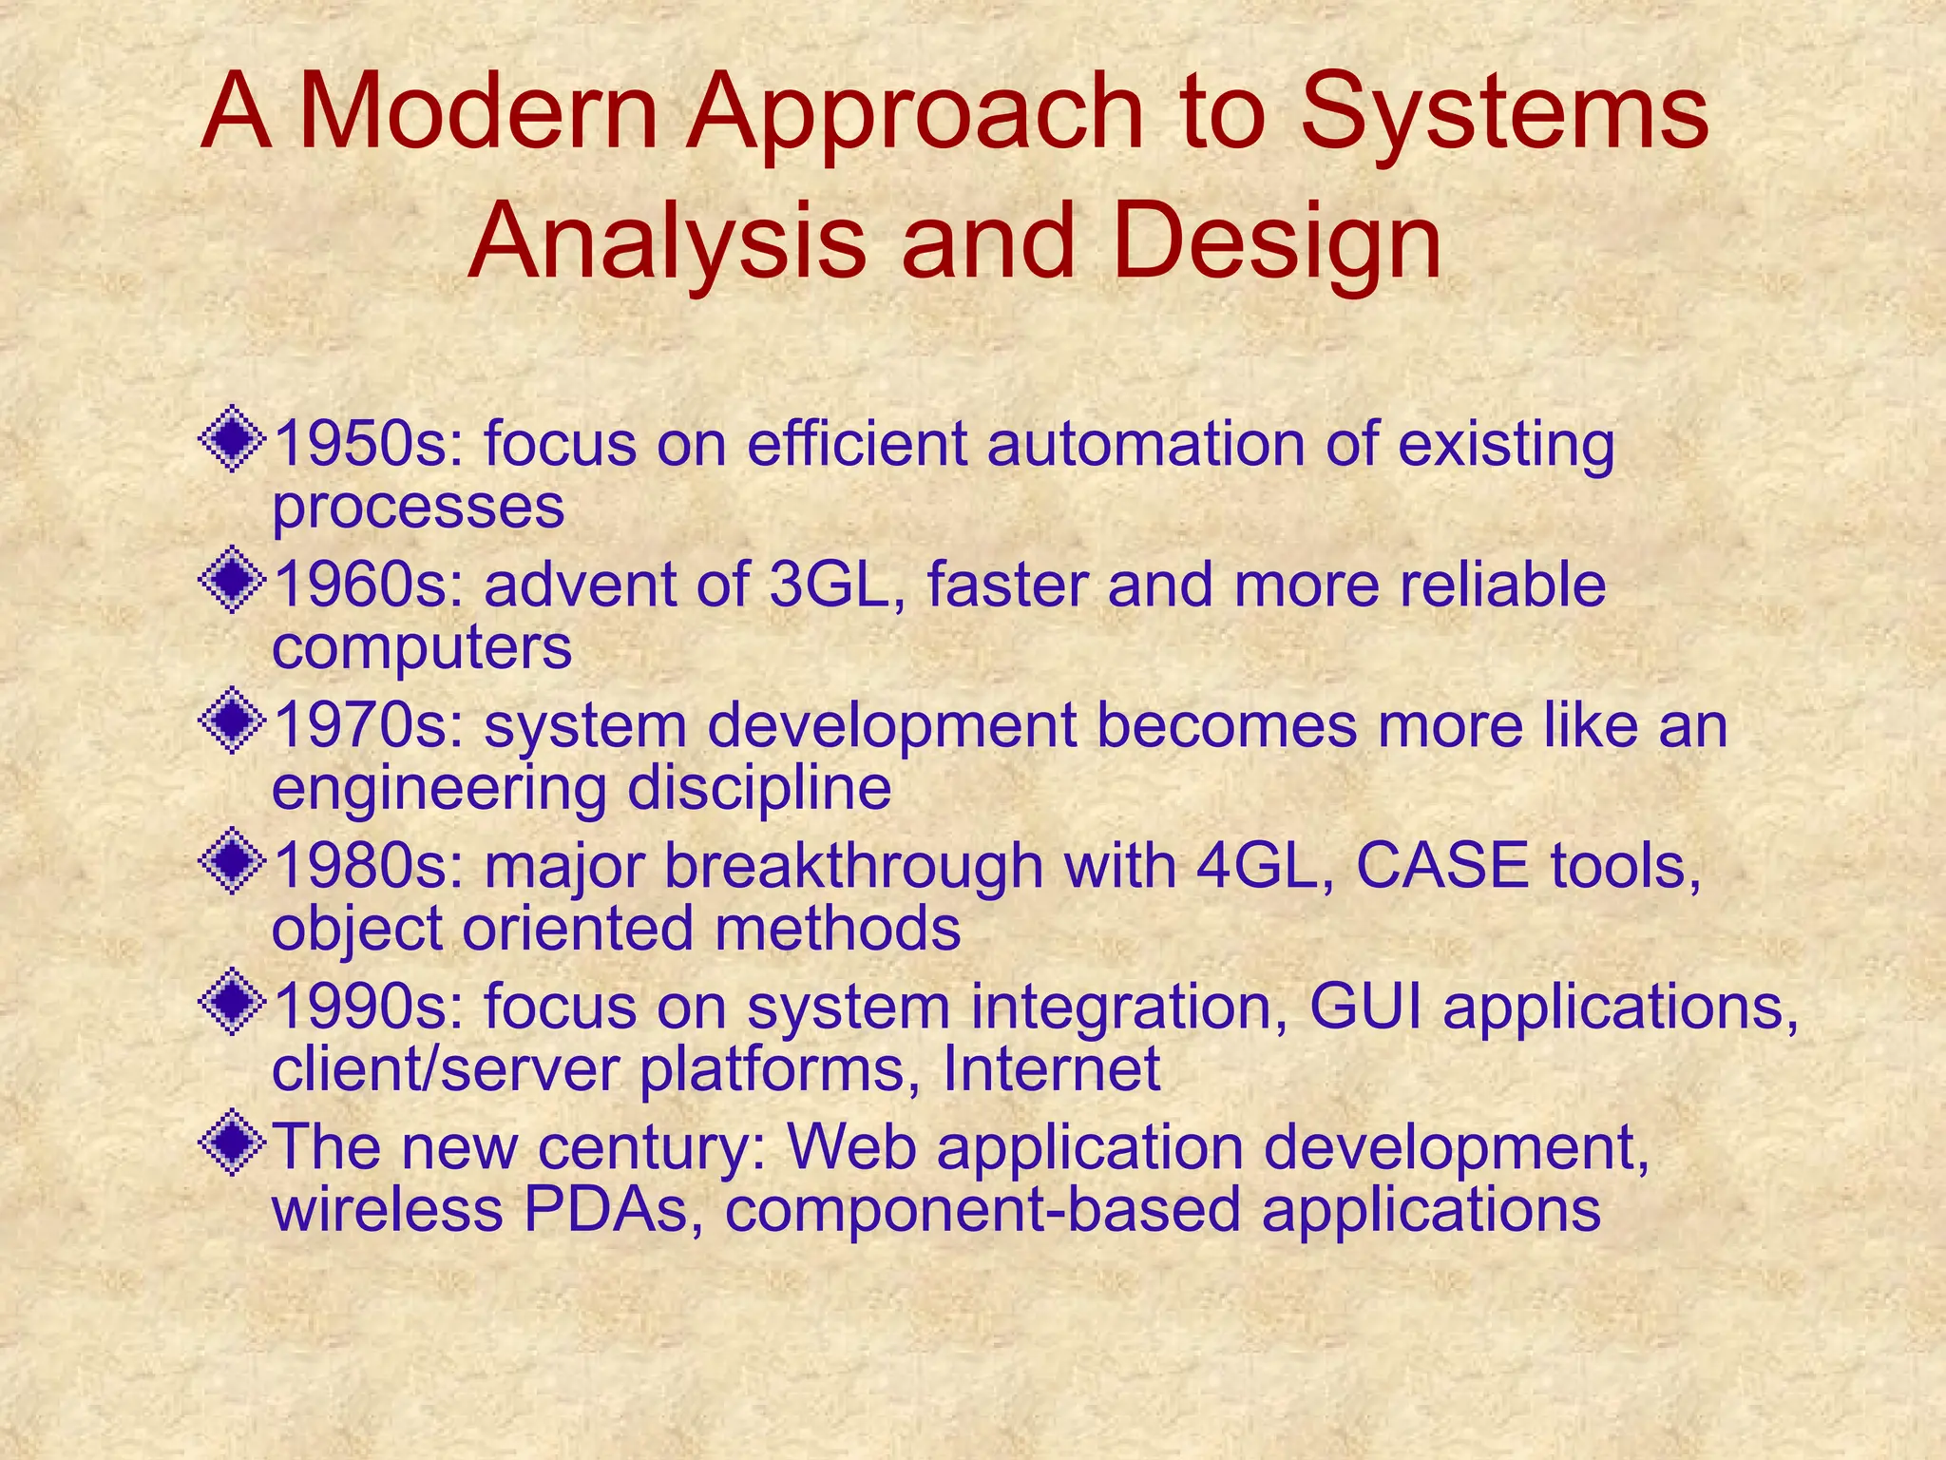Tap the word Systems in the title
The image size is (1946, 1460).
(x=1504, y=115)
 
